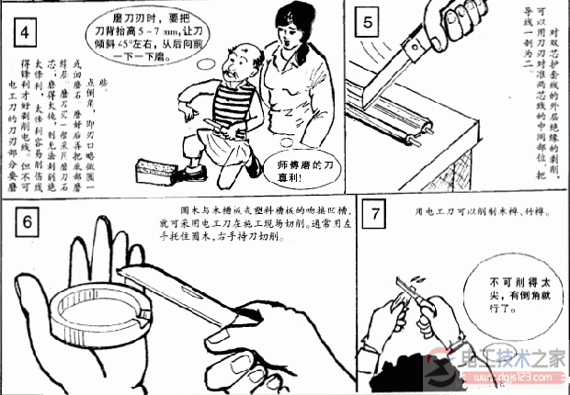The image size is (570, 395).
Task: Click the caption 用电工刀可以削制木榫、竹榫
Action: [482, 213]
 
